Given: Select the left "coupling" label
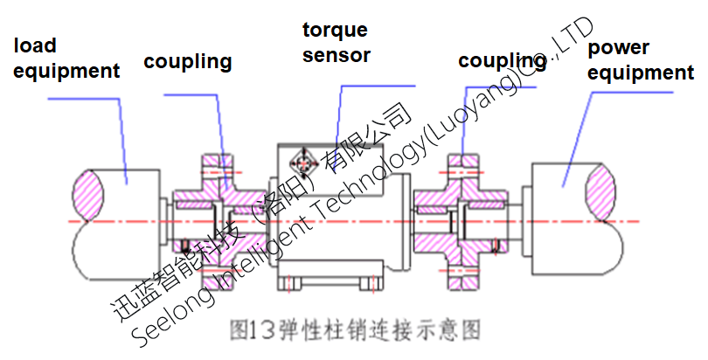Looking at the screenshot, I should [188, 61].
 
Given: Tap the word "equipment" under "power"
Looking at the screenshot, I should [641, 73].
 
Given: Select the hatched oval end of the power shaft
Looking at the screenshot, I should [605, 190].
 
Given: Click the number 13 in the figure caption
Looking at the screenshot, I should [259, 331].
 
